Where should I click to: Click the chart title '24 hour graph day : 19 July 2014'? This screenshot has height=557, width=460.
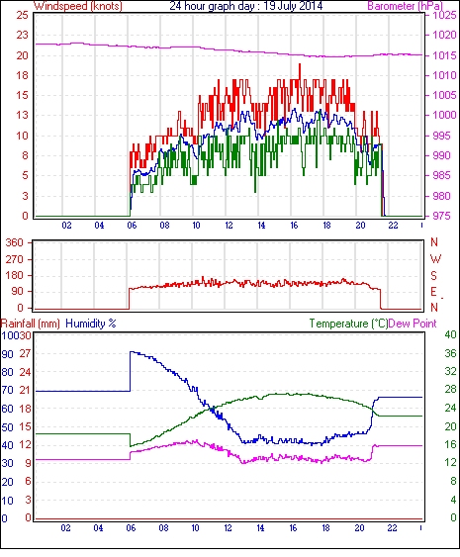(245, 6)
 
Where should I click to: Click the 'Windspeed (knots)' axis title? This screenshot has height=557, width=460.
(78, 6)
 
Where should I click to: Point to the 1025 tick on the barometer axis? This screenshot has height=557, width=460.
(444, 15)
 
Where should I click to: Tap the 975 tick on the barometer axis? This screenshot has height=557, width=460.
(441, 216)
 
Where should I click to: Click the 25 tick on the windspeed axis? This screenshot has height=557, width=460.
(23, 15)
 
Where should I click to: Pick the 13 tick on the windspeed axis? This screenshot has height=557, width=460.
(23, 115)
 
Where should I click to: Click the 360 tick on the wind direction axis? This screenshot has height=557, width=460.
(14, 243)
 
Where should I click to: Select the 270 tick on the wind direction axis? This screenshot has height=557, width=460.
(14, 259)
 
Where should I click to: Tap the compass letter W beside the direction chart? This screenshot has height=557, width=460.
(435, 259)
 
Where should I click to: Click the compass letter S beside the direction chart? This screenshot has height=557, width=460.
(433, 276)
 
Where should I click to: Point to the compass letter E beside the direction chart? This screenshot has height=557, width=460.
(433, 292)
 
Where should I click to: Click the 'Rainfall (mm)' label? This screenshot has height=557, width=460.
(31, 324)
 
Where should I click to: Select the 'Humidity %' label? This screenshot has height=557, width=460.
(91, 324)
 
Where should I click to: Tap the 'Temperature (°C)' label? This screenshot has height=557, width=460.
(348, 324)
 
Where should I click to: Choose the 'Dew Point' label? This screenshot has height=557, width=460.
(413, 324)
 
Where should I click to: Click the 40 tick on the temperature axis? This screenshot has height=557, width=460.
(450, 335)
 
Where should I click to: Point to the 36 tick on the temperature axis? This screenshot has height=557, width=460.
(450, 353)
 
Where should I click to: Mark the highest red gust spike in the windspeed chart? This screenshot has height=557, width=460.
(300, 64)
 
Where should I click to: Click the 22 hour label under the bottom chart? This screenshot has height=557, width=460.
(392, 528)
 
